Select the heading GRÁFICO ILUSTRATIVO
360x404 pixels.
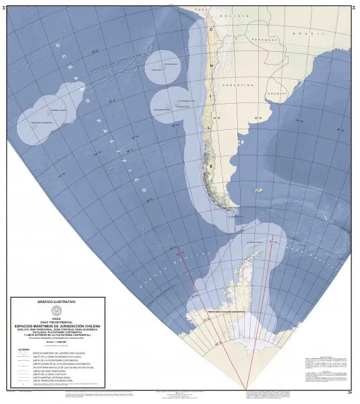(57, 302)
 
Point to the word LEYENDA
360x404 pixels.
(24, 349)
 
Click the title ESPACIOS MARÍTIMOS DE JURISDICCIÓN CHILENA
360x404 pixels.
(57, 325)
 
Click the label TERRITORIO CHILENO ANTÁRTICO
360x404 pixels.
(233, 312)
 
